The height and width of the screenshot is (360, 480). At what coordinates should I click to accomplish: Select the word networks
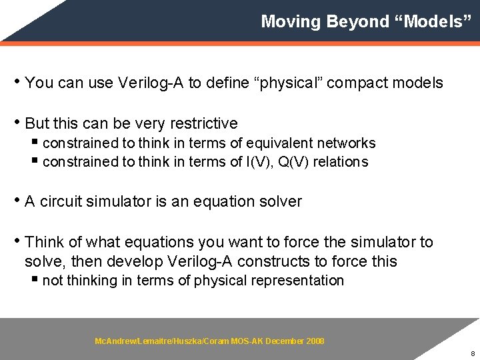click(347, 143)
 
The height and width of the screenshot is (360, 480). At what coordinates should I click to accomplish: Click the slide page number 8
click(472, 354)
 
